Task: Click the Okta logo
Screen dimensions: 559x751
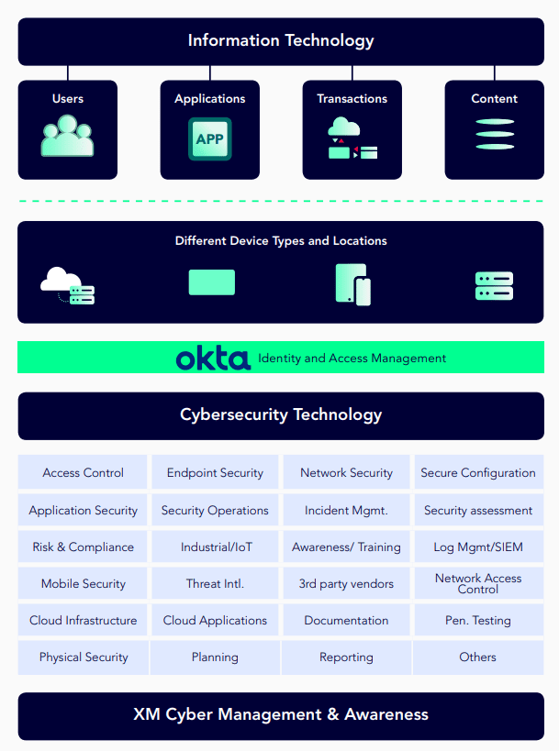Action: coord(213,358)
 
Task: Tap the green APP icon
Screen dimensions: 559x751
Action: coord(210,138)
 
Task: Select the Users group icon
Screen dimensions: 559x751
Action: coord(68,136)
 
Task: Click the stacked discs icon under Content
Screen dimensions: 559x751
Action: coord(495,134)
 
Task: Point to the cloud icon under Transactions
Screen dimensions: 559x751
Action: coord(343,127)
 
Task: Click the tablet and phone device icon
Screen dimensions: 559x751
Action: coord(353,284)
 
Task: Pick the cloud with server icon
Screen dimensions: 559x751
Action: coord(68,285)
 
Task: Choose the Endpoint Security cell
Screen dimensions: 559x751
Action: coord(215,472)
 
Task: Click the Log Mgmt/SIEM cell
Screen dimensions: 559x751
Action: coord(478,547)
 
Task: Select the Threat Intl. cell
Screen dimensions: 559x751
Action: coord(215,583)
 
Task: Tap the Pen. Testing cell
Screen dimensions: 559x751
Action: coord(478,620)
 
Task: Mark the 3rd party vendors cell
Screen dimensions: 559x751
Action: coord(346,583)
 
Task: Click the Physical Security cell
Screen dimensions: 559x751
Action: coord(84,657)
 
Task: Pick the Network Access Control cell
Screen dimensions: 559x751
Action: coord(478,583)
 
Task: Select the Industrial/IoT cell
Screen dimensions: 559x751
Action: coord(215,547)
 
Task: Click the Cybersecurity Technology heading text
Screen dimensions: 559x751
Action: coord(281,414)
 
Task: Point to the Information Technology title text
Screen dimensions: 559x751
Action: coord(281,40)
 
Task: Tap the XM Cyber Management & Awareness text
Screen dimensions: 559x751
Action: coord(281,714)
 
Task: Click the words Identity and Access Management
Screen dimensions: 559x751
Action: coord(352,359)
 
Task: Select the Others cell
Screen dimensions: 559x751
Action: coord(478,657)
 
